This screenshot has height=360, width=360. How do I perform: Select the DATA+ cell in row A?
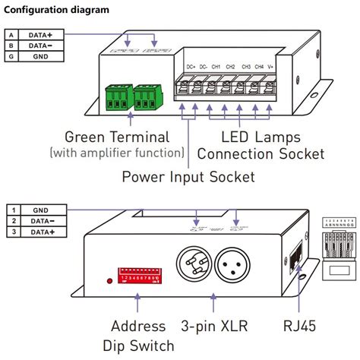pos(40,34)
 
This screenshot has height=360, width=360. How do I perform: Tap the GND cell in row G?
pos(40,55)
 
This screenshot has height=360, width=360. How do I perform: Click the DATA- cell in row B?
pos(40,45)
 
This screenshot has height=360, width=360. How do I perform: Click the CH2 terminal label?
pos(230,67)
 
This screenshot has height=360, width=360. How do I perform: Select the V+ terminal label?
pos(271,67)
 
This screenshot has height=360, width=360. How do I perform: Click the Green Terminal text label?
pos(117,137)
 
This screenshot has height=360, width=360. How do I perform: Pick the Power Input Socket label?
pos(188,177)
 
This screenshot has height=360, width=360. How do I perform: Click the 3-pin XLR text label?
pos(213,326)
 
